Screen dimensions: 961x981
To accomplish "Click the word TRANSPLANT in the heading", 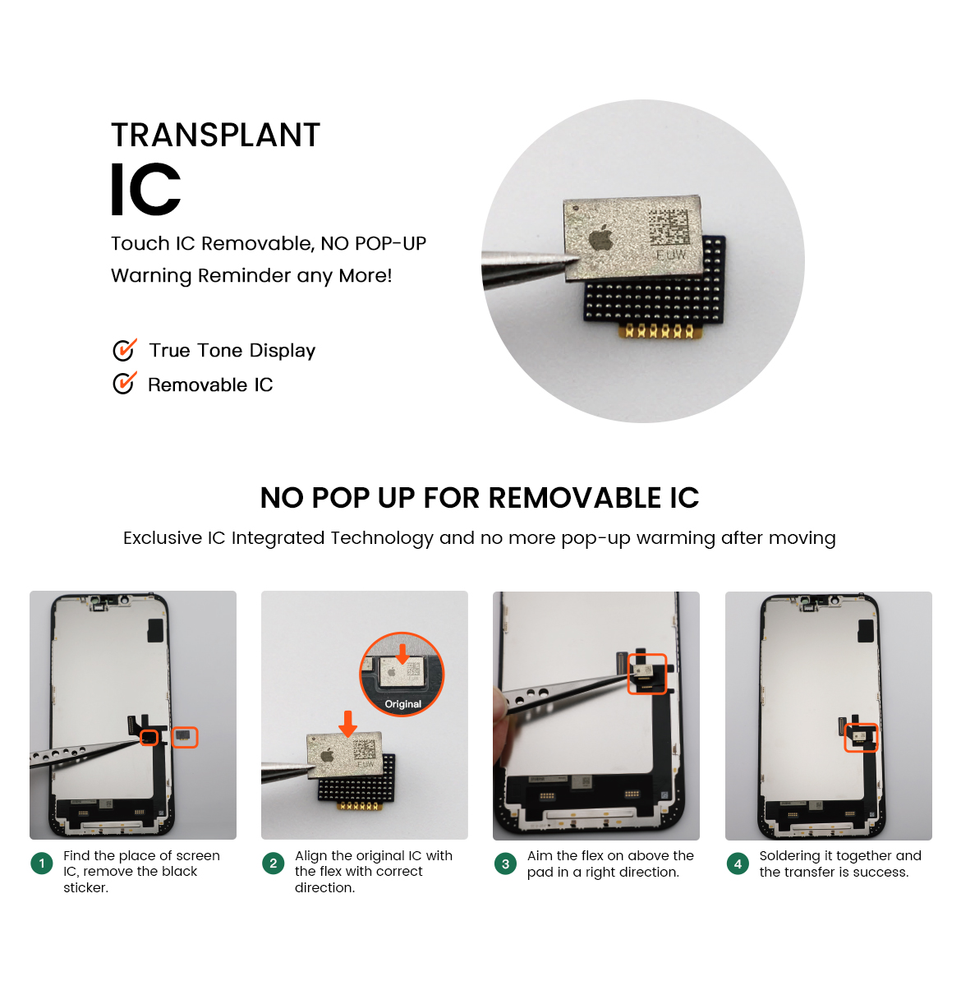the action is pos(215,135).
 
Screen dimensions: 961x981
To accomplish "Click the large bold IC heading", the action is pos(145,190).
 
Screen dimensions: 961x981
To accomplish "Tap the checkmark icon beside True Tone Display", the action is pos(125,350).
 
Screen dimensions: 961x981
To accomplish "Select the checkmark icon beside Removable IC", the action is pos(125,384).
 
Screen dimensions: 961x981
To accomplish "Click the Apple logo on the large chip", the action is pos(601,237).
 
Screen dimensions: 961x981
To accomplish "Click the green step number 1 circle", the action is pos(42,864).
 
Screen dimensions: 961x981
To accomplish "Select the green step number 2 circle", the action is pos(274,864).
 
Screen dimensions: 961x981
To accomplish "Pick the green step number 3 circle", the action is pos(505,864).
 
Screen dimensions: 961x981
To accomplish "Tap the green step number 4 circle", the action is pos(738,864).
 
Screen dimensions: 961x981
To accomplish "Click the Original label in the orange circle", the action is pos(403,704).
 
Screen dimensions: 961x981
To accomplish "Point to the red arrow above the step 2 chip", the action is pos(348,724).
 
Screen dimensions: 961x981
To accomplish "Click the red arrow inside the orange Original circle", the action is pos(402,655).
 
